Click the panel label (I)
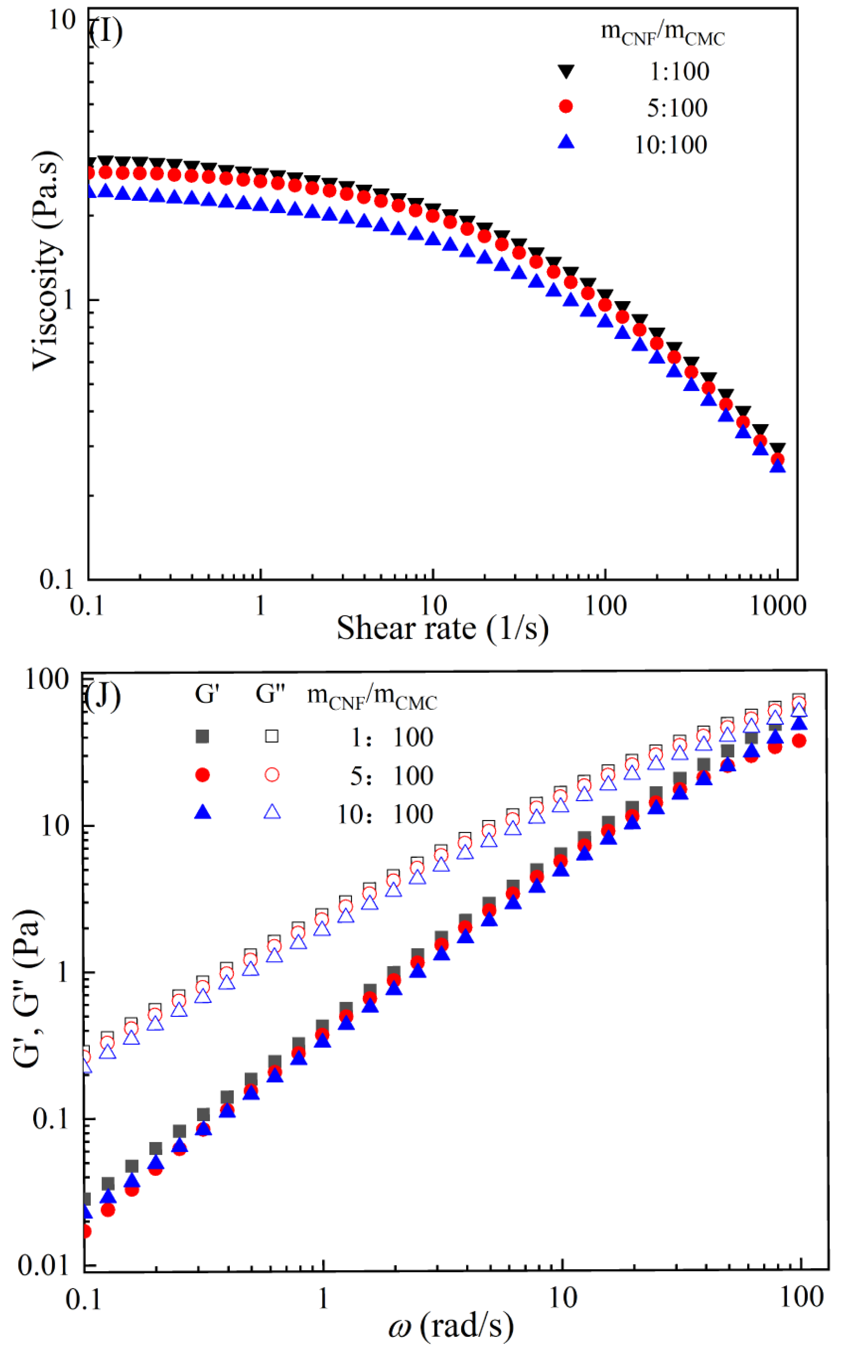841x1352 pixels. (x=106, y=32)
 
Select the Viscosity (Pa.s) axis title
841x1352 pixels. (x=46, y=260)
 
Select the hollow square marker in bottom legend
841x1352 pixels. (x=271, y=736)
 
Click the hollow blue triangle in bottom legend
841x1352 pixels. (x=271, y=813)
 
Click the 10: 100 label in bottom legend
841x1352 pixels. (x=385, y=814)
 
